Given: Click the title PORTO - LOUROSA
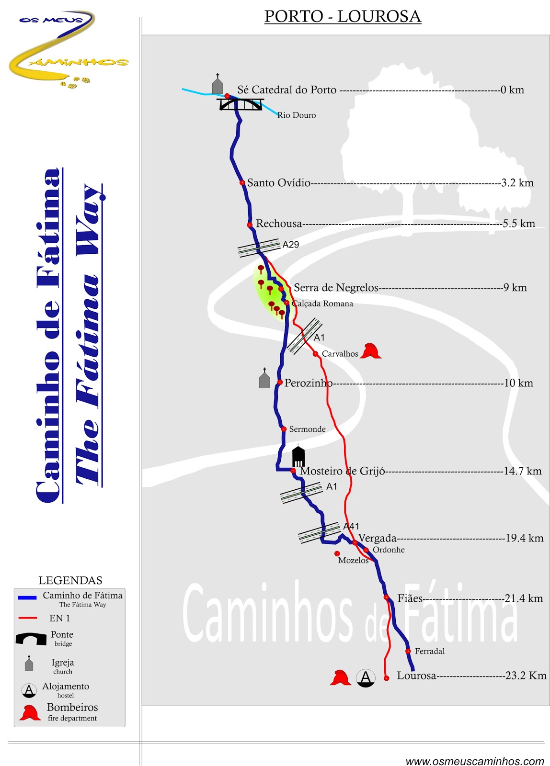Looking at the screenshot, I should (x=343, y=16).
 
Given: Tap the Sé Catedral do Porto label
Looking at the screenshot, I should (x=286, y=90).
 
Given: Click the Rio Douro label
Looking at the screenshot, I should (x=297, y=115).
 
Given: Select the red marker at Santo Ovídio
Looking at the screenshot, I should (x=242, y=183).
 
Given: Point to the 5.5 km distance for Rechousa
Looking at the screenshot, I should (x=519, y=224).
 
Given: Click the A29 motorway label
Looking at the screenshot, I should (x=291, y=245).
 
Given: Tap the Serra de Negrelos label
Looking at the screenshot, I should (x=336, y=288).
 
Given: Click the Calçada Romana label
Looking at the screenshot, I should (x=322, y=304).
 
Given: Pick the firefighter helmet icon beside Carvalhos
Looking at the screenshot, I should (x=370, y=351).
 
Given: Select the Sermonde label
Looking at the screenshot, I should (x=307, y=429).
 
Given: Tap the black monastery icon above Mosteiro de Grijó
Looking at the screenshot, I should (x=298, y=457).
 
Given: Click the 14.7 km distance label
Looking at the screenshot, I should (x=522, y=471).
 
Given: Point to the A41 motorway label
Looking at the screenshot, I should (x=351, y=526).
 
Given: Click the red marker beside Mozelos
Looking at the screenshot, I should (x=337, y=554).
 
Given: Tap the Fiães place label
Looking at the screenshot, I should (x=410, y=598).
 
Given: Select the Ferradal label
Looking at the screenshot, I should (x=430, y=652).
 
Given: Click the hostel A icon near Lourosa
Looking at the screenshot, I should (x=366, y=678).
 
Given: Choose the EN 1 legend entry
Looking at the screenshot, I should (x=59, y=618).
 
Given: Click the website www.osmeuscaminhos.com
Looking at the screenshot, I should (x=474, y=761).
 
